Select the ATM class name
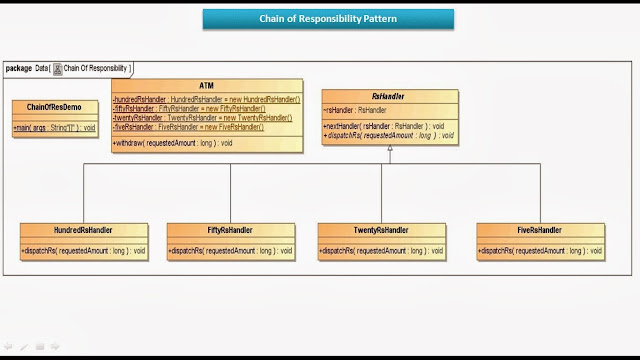pos(206,86)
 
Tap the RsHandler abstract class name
pos(389,96)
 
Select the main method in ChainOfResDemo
pos(55,128)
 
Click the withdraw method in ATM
pos(173,143)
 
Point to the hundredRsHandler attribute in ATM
pos(206,100)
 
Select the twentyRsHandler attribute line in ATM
pos(202,118)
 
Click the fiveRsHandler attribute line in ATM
pos(187,127)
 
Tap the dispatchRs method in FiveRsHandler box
pos(541,250)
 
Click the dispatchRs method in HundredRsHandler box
pos(83,250)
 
